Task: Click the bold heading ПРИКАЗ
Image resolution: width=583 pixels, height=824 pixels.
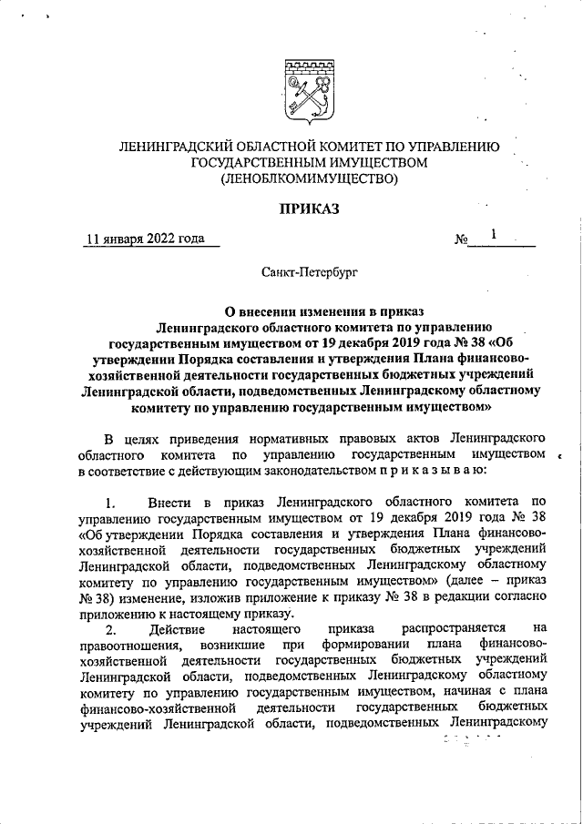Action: click(308, 209)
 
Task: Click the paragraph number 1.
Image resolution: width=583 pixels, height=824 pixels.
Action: click(109, 502)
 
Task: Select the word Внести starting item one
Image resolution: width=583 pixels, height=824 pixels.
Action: click(169, 502)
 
